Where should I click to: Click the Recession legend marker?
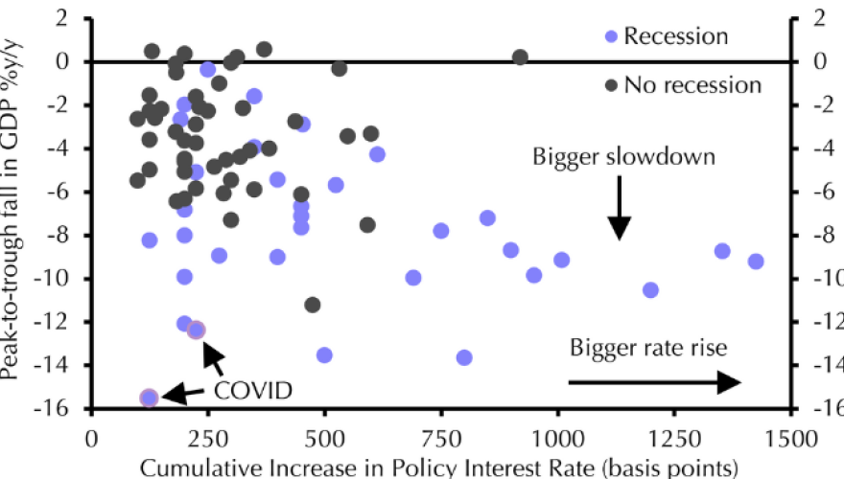(x=611, y=37)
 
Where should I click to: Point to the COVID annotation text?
(x=252, y=390)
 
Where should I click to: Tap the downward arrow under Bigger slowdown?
(x=620, y=211)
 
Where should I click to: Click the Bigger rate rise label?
(x=643, y=347)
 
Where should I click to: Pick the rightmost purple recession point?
(x=756, y=262)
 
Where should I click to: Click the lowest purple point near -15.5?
(x=149, y=398)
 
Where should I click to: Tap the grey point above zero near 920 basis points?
(x=520, y=57)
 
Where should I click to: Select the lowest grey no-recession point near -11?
(x=313, y=305)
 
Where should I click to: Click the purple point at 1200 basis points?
(x=650, y=289)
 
